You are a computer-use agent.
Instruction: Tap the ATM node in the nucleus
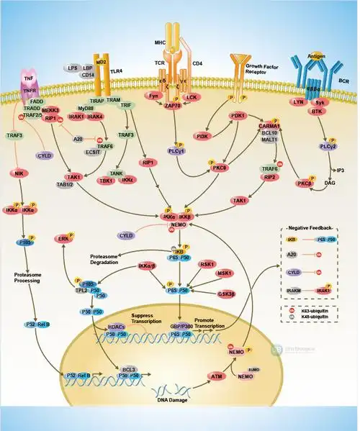click(x=215, y=376)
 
